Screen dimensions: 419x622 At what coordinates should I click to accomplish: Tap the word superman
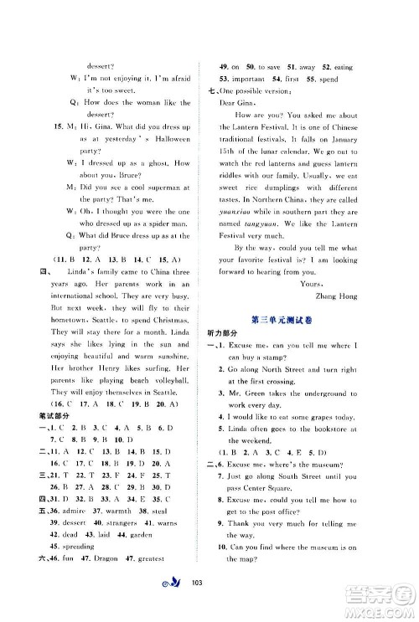[150, 188]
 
